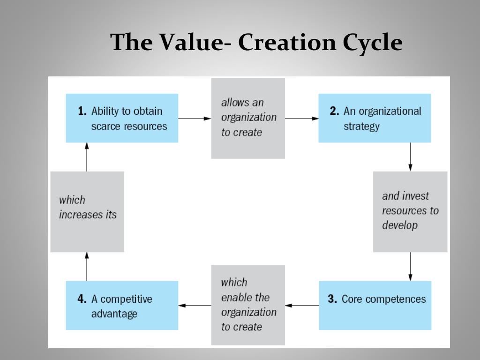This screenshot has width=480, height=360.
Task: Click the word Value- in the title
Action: point(195,43)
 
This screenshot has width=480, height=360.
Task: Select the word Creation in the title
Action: point(287,43)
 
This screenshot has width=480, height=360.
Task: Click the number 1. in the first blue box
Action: point(82,112)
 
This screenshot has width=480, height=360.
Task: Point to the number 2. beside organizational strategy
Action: point(334,112)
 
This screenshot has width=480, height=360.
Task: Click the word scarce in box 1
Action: point(106,127)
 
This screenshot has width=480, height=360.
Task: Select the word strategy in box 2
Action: point(361,127)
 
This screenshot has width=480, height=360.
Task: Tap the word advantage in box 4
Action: point(114,314)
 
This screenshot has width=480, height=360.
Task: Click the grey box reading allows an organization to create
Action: point(248,118)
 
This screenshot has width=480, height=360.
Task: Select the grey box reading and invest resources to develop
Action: point(410,211)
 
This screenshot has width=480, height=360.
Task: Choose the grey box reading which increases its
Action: point(87,211)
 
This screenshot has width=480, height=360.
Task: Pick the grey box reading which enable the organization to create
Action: point(248,305)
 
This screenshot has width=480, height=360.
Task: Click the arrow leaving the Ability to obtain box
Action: point(195,119)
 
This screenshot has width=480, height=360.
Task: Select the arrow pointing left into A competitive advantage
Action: point(195,306)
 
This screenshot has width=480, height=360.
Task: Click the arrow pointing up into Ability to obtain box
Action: point(87,157)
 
